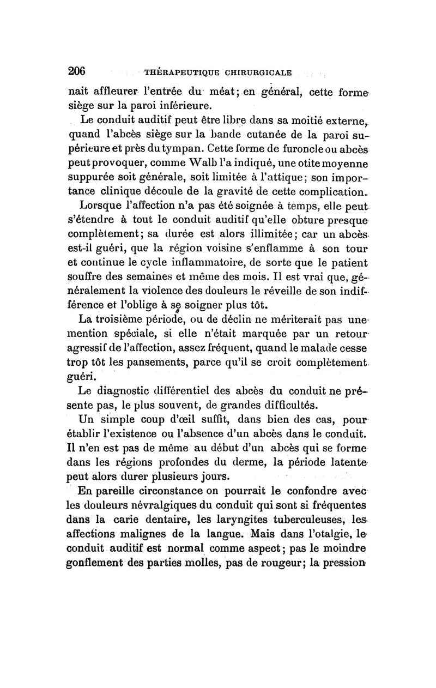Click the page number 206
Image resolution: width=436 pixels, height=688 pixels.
(78, 71)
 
